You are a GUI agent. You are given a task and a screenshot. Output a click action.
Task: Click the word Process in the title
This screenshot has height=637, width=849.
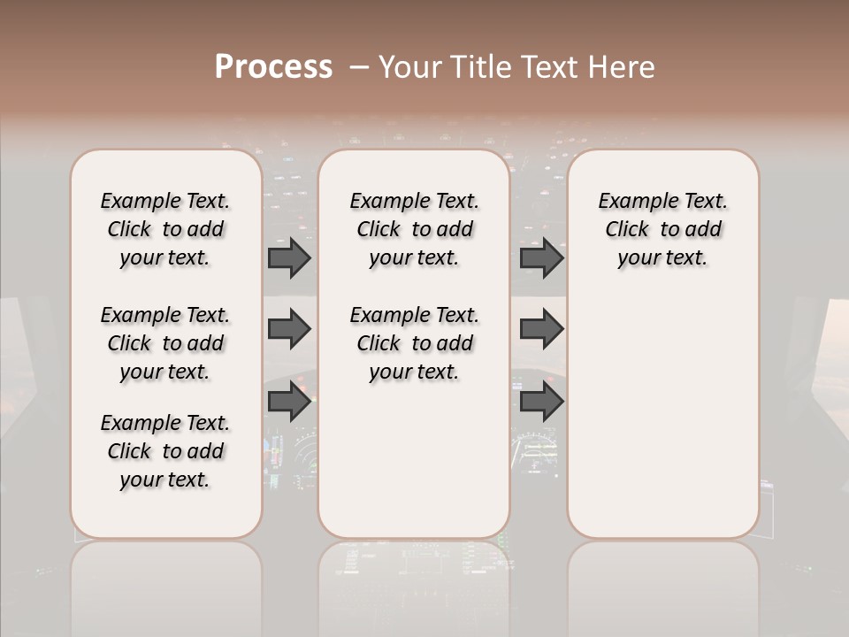273,67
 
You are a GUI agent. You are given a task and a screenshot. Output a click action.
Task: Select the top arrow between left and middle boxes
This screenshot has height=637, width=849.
289,257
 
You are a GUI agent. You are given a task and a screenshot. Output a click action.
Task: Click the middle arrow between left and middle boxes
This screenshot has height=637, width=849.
289,330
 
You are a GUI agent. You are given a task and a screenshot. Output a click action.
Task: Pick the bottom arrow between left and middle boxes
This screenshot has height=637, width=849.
289,403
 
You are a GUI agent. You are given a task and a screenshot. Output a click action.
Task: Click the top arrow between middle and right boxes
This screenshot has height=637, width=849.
541,257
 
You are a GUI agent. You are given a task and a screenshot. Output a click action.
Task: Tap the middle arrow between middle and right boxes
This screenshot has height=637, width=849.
541,330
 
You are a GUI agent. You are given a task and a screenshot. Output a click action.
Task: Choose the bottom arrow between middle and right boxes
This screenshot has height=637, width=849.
541,403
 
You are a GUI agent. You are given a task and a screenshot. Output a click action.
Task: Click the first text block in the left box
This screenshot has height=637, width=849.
165,229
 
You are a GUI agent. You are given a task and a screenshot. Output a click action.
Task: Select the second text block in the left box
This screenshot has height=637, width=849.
165,343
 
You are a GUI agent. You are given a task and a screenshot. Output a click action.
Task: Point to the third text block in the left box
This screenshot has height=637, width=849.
165,451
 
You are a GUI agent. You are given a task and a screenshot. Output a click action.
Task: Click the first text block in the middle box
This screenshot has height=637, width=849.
415,229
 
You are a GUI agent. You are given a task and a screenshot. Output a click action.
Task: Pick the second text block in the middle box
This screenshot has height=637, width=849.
415,343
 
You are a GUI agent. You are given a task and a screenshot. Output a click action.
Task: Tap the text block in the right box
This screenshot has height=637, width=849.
663,229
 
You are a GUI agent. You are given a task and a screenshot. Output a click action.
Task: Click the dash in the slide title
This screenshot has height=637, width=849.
359,67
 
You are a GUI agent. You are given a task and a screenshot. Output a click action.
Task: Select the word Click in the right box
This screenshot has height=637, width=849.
627,230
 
